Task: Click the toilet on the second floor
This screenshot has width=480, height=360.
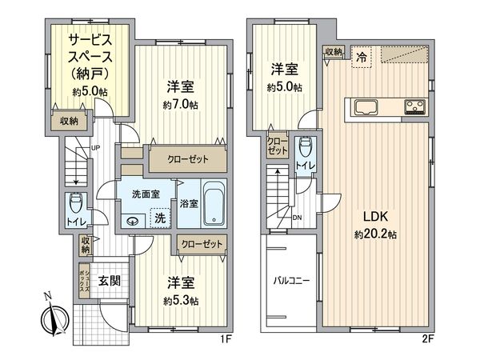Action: pyautogui.click(x=305, y=150)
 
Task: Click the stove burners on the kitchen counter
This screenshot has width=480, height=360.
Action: pyautogui.click(x=416, y=106)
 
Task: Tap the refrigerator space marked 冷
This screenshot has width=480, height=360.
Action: pyautogui.click(x=362, y=57)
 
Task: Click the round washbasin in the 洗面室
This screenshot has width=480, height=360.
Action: pyautogui.click(x=133, y=222)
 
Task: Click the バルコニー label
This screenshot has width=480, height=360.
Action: pyautogui.click(x=291, y=281)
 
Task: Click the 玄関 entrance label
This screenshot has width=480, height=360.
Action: pyautogui.click(x=109, y=282)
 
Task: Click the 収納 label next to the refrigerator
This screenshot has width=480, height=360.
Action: pyautogui.click(x=334, y=51)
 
